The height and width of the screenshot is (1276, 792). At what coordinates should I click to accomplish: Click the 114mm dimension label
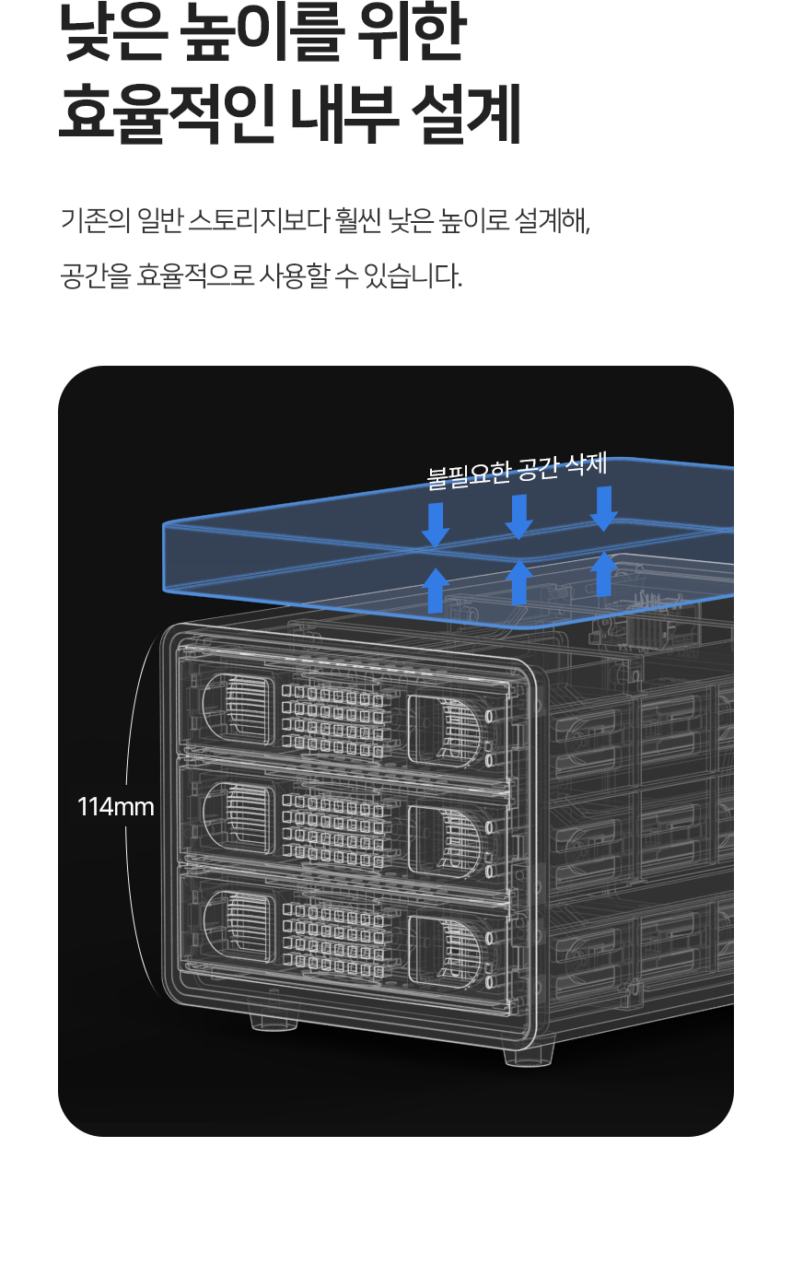coord(116,807)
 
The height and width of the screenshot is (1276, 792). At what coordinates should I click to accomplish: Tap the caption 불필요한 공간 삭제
coord(517,471)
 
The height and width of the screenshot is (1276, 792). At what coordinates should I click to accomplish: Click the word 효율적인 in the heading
coord(168,112)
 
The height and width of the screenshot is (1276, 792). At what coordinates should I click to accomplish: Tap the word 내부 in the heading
coord(345,112)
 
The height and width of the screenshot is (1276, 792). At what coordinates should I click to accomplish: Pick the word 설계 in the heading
coord(466,112)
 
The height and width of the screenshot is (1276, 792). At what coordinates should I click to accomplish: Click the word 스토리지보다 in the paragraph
coord(259,220)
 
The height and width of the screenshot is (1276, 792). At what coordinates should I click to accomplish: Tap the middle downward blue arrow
coord(518,517)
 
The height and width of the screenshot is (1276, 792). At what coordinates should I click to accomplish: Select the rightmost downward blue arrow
coord(603,509)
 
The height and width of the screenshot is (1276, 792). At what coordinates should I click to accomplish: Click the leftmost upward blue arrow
coord(436,591)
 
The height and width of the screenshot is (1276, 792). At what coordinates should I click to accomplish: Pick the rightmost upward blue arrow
coord(603,574)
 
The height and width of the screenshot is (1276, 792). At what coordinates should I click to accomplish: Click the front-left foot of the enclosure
coord(274,1020)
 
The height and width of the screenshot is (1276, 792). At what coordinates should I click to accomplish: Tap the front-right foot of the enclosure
coord(529,1055)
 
